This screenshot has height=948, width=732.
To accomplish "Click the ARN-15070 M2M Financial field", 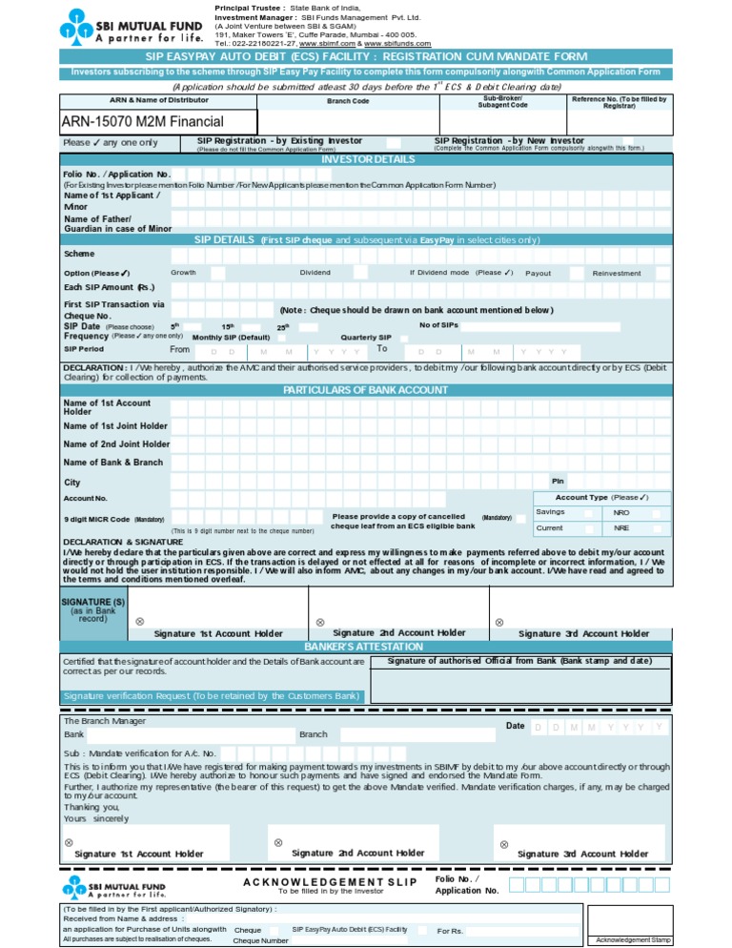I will pos(142,121).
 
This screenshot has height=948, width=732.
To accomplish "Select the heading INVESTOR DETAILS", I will pos(367,159).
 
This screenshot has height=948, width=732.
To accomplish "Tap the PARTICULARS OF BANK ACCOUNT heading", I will pos(366,390).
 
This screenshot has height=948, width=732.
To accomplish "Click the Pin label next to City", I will pos(558,481).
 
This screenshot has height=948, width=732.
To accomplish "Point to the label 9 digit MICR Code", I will pos(96,519).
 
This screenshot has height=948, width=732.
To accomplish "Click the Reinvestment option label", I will pos(617,273).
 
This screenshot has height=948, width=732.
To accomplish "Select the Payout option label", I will pos(538,273).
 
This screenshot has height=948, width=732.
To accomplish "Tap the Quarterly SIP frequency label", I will pos(366,337).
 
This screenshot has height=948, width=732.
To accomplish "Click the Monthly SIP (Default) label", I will pos(232,337).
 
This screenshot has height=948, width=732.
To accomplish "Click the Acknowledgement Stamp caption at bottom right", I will pos(634,940).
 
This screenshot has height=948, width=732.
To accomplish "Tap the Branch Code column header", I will pos(347,100).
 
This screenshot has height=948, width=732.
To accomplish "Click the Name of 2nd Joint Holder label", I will pos(116,444).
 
